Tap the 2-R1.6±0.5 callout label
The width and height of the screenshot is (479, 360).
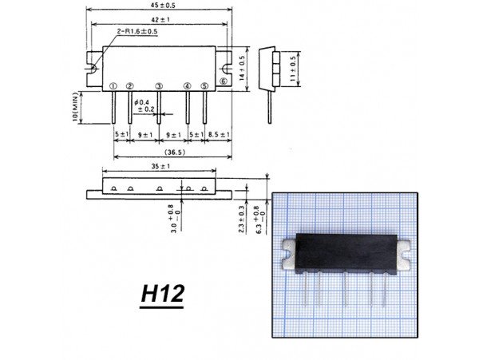coord(137,31)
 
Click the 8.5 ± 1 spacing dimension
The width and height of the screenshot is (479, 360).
coord(219,134)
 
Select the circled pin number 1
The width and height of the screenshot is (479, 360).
coord(114,85)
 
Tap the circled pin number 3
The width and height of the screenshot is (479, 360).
coord(159,85)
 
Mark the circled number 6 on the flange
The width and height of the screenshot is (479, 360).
coord(224,81)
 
